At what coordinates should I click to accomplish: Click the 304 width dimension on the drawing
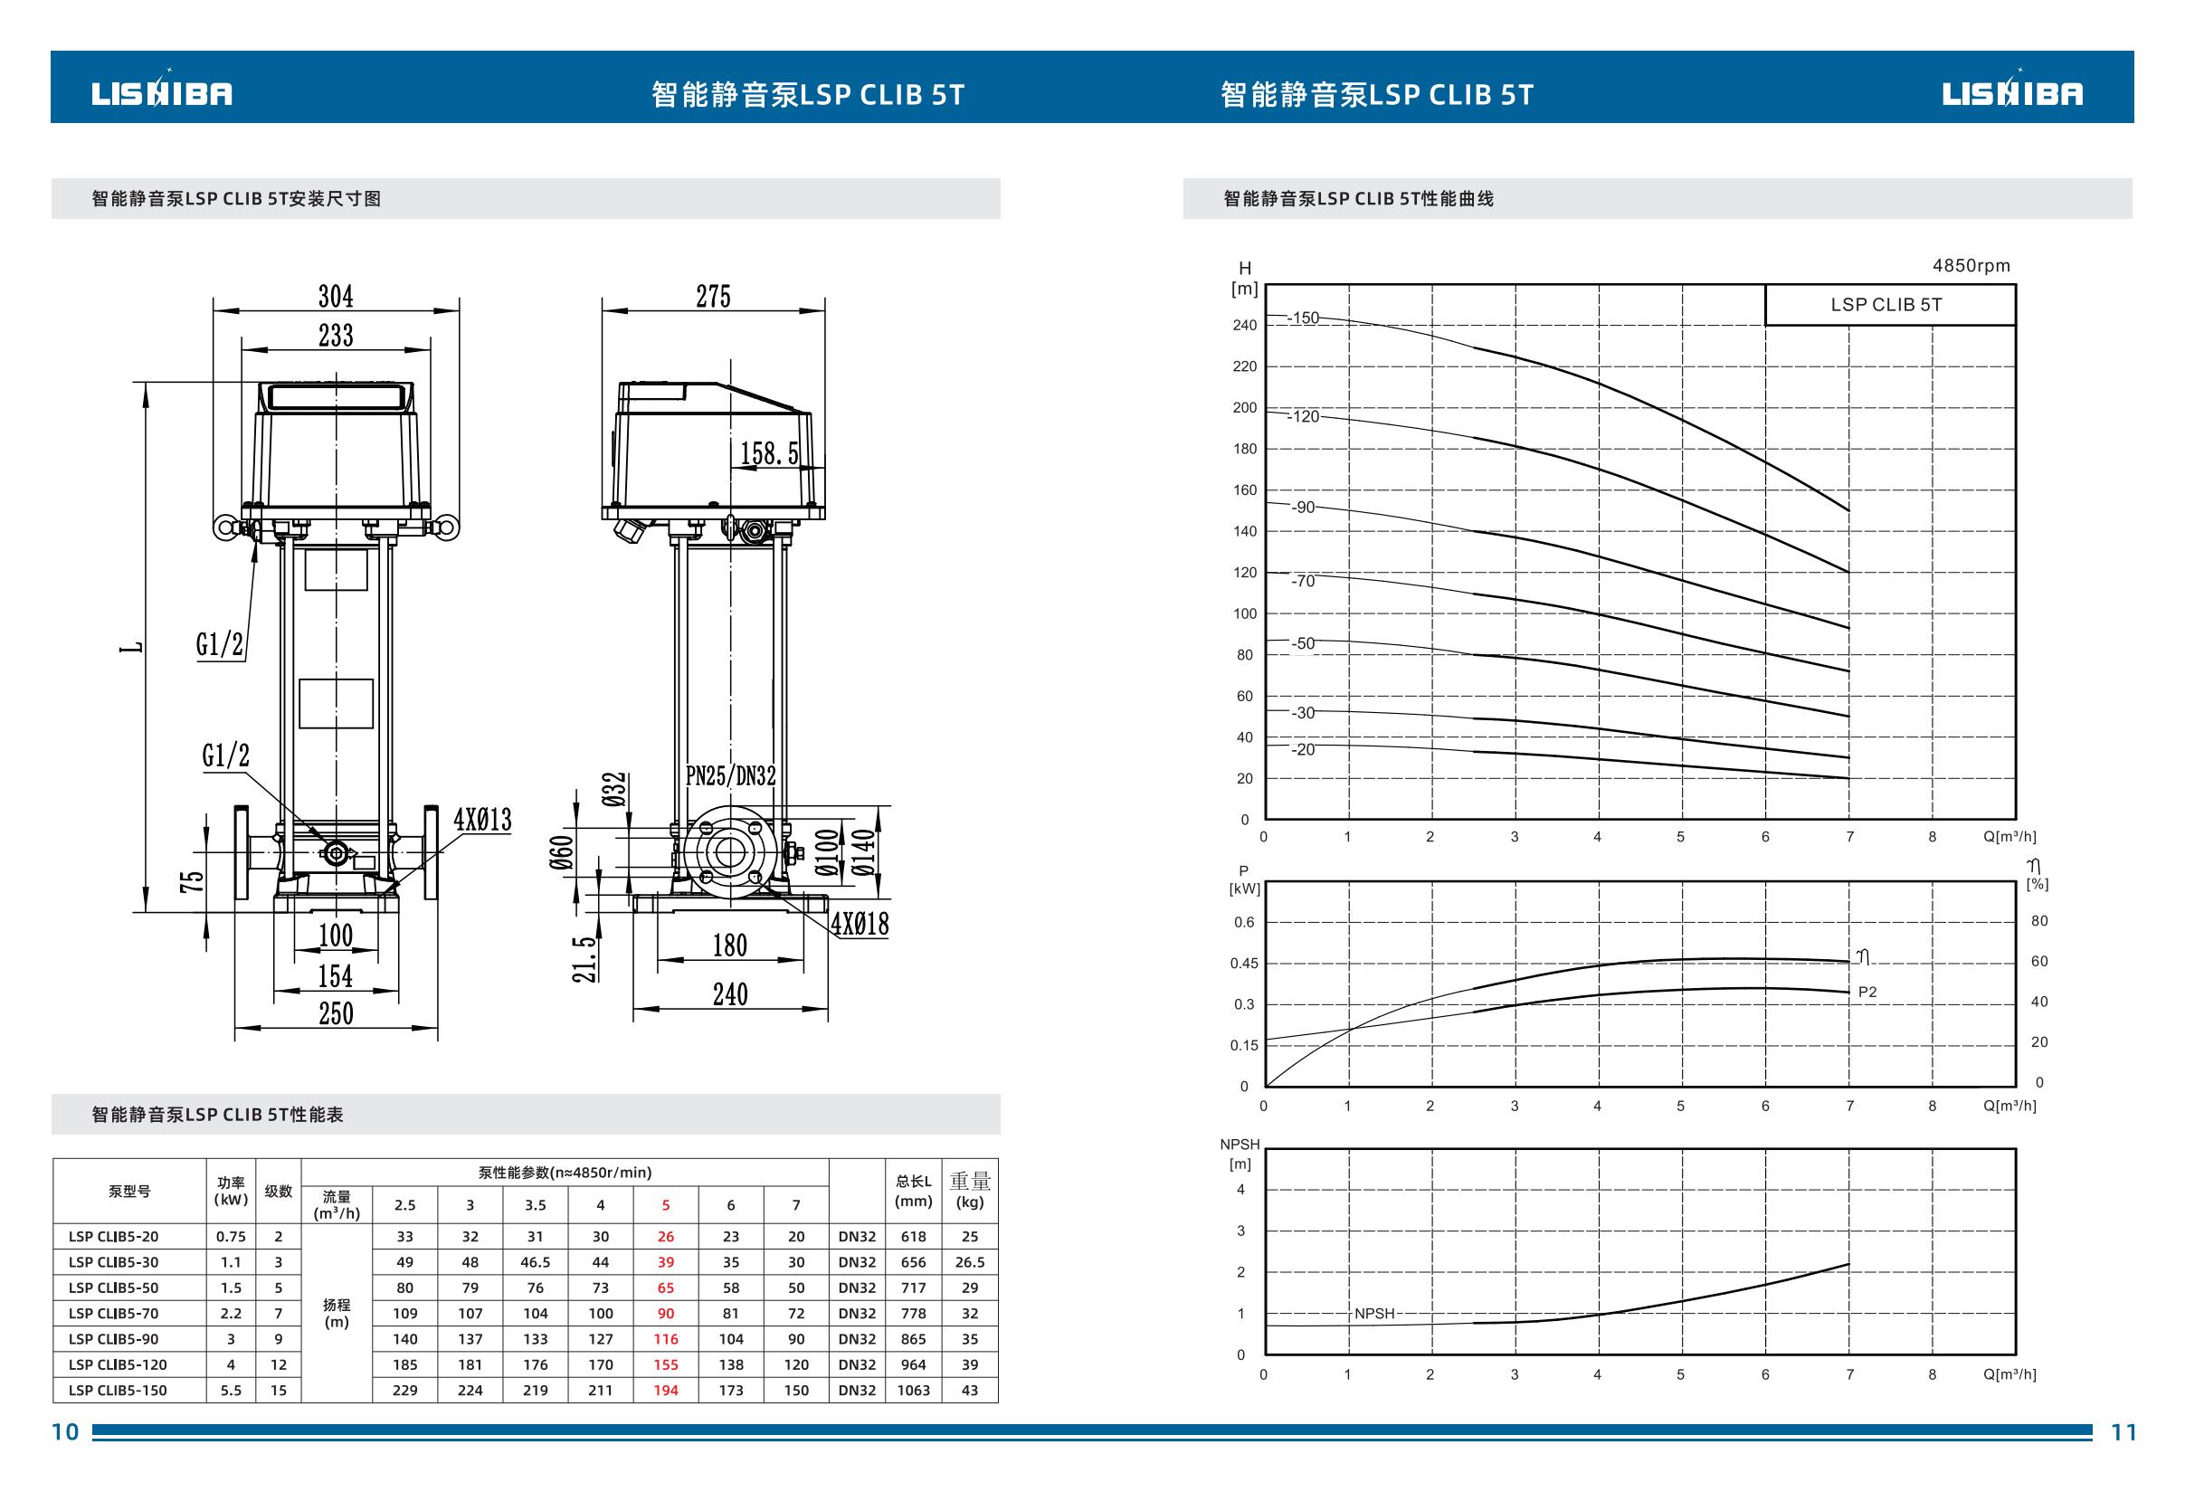pos(336,296)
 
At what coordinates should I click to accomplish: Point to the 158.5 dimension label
pos(768,454)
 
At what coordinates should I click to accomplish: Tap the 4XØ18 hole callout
pos(860,923)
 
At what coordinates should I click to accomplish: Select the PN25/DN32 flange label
pos(730,775)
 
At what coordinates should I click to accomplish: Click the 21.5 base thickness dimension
pos(584,959)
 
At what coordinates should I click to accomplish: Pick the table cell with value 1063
pos(913,1390)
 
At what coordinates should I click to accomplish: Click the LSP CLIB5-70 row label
pos(113,1314)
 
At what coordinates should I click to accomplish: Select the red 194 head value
pos(666,1390)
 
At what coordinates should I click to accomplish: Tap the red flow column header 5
pos(666,1204)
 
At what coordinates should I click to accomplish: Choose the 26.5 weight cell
pos(969,1261)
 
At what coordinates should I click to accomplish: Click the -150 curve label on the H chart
pos(1304,318)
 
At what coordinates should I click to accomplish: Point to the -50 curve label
pos(1302,644)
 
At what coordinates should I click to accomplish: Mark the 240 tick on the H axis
pos(1245,326)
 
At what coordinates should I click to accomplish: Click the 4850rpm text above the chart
pos(1971,266)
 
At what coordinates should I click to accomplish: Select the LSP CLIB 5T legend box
pos(1889,305)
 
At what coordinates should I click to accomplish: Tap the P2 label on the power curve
pos(1867,992)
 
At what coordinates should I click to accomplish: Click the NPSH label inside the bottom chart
pos(1374,1314)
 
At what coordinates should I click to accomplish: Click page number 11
pos(2123,1431)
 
